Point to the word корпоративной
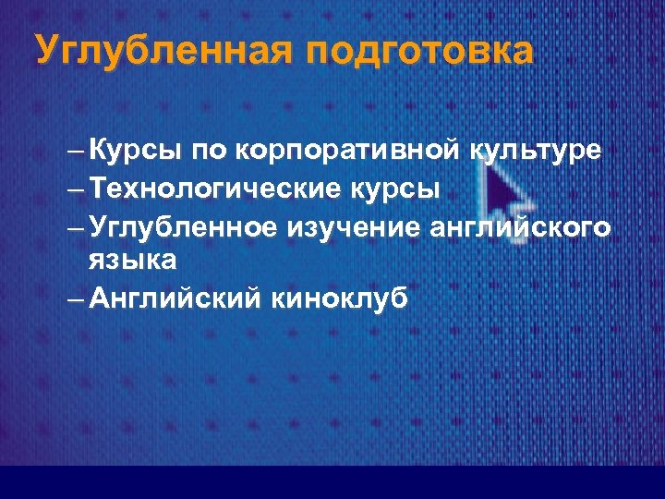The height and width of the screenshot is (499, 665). click(x=351, y=150)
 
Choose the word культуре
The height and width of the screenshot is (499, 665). click(x=538, y=150)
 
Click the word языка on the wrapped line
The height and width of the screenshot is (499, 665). click(x=132, y=261)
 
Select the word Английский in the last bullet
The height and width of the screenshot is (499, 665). click(x=175, y=299)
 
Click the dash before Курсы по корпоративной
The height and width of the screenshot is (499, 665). click(x=77, y=151)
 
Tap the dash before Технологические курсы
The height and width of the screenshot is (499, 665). click(x=77, y=189)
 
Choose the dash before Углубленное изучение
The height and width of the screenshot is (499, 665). click(x=77, y=227)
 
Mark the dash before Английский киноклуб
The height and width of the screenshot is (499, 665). click(x=77, y=300)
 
